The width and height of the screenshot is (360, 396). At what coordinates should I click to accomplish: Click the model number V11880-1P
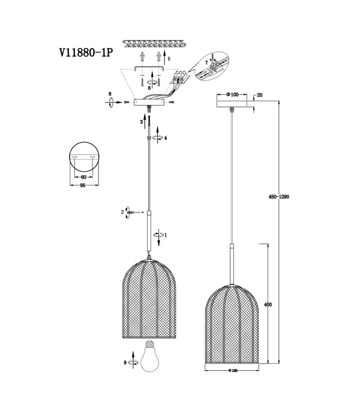(x=86, y=53)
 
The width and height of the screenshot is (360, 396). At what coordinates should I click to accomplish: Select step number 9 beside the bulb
(x=125, y=362)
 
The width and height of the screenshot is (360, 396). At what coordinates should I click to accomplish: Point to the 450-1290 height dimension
(x=278, y=196)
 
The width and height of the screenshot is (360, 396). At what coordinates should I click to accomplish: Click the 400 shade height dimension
(x=268, y=305)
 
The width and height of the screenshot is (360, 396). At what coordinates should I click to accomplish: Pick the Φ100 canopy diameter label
(x=232, y=95)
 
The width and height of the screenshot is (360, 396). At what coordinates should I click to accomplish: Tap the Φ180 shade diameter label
(x=233, y=370)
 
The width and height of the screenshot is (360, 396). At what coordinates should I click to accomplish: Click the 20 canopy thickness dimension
(x=260, y=95)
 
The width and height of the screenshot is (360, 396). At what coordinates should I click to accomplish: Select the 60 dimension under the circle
(x=83, y=177)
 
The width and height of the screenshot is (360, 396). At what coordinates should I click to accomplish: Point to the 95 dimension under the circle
(x=82, y=185)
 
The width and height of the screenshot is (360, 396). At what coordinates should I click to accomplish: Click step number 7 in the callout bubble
(x=206, y=62)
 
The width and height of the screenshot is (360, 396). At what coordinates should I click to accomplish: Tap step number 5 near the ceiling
(x=169, y=59)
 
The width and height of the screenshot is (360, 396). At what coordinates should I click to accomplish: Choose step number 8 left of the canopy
(x=110, y=94)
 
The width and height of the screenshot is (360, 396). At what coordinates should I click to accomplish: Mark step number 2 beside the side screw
(x=122, y=212)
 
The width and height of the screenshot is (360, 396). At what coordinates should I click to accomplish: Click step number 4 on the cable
(x=166, y=138)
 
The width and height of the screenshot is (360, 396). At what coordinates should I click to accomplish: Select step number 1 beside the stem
(x=166, y=235)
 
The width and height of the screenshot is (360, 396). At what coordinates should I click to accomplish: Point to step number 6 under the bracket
(x=149, y=88)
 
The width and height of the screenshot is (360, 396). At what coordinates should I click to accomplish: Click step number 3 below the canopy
(x=142, y=122)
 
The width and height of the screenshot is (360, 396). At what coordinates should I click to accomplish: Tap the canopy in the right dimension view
(x=232, y=104)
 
